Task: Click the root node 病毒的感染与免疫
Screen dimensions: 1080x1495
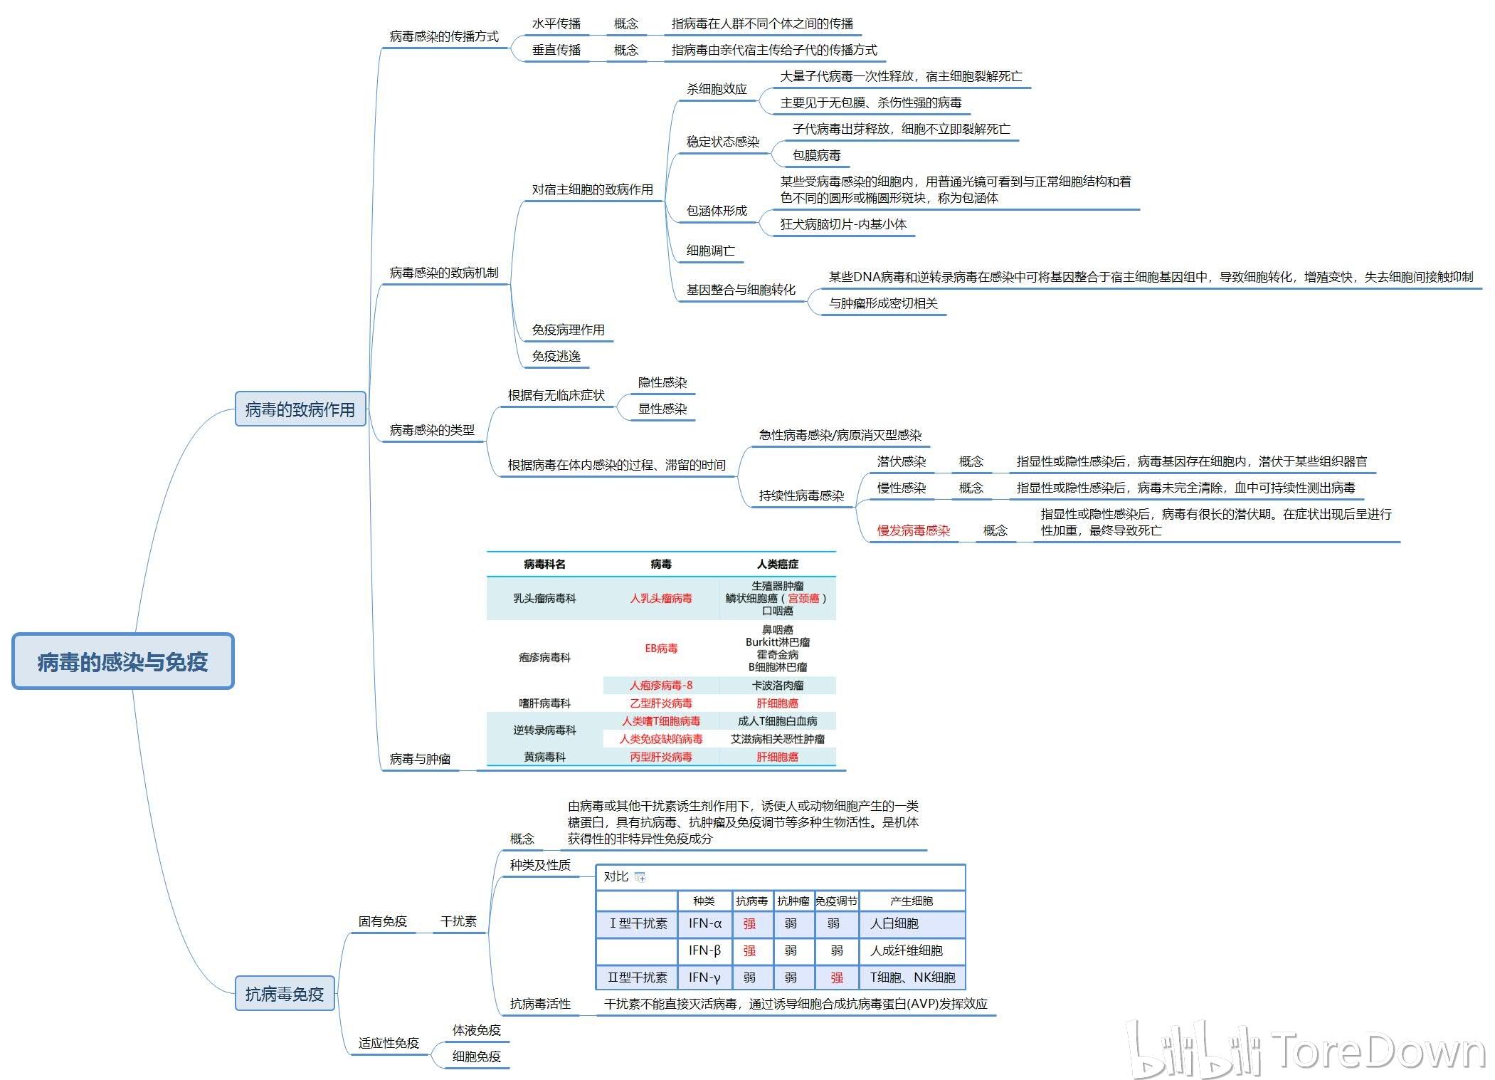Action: (122, 661)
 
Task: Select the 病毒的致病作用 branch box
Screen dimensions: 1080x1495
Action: (300, 409)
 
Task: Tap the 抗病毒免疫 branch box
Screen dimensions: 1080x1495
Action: (284, 994)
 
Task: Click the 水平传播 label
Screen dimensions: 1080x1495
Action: (556, 23)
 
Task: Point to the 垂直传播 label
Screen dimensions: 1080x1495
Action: (556, 50)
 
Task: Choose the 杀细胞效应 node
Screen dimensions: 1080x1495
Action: (717, 89)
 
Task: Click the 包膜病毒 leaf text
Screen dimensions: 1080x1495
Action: (816, 155)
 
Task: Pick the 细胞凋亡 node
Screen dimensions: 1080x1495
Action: (710, 251)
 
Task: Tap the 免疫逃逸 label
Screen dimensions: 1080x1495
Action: (556, 356)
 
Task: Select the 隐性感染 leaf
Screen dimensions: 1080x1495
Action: (662, 382)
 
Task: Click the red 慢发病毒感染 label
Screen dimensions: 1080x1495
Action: (913, 530)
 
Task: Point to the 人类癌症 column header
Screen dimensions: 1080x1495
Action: (777, 564)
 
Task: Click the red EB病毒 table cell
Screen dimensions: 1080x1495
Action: (661, 648)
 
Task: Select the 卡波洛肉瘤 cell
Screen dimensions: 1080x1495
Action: (777, 685)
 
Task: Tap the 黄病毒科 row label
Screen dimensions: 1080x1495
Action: (544, 757)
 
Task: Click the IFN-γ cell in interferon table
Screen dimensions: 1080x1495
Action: (704, 977)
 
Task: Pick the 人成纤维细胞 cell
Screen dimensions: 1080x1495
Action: (906, 950)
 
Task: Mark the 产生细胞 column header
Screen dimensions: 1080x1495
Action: (911, 901)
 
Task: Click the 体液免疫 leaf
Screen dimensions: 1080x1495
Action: (476, 1030)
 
